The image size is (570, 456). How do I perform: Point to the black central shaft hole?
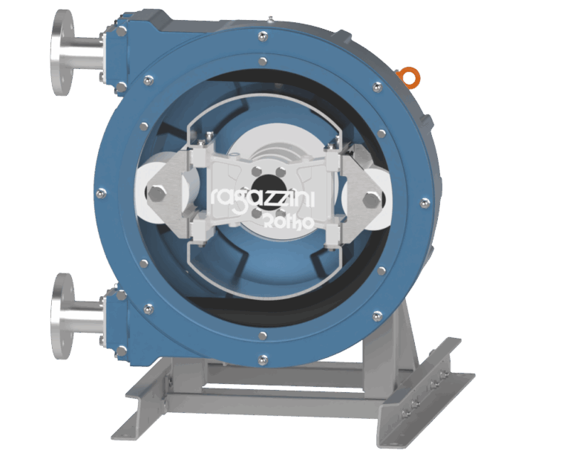(x=264, y=185)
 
